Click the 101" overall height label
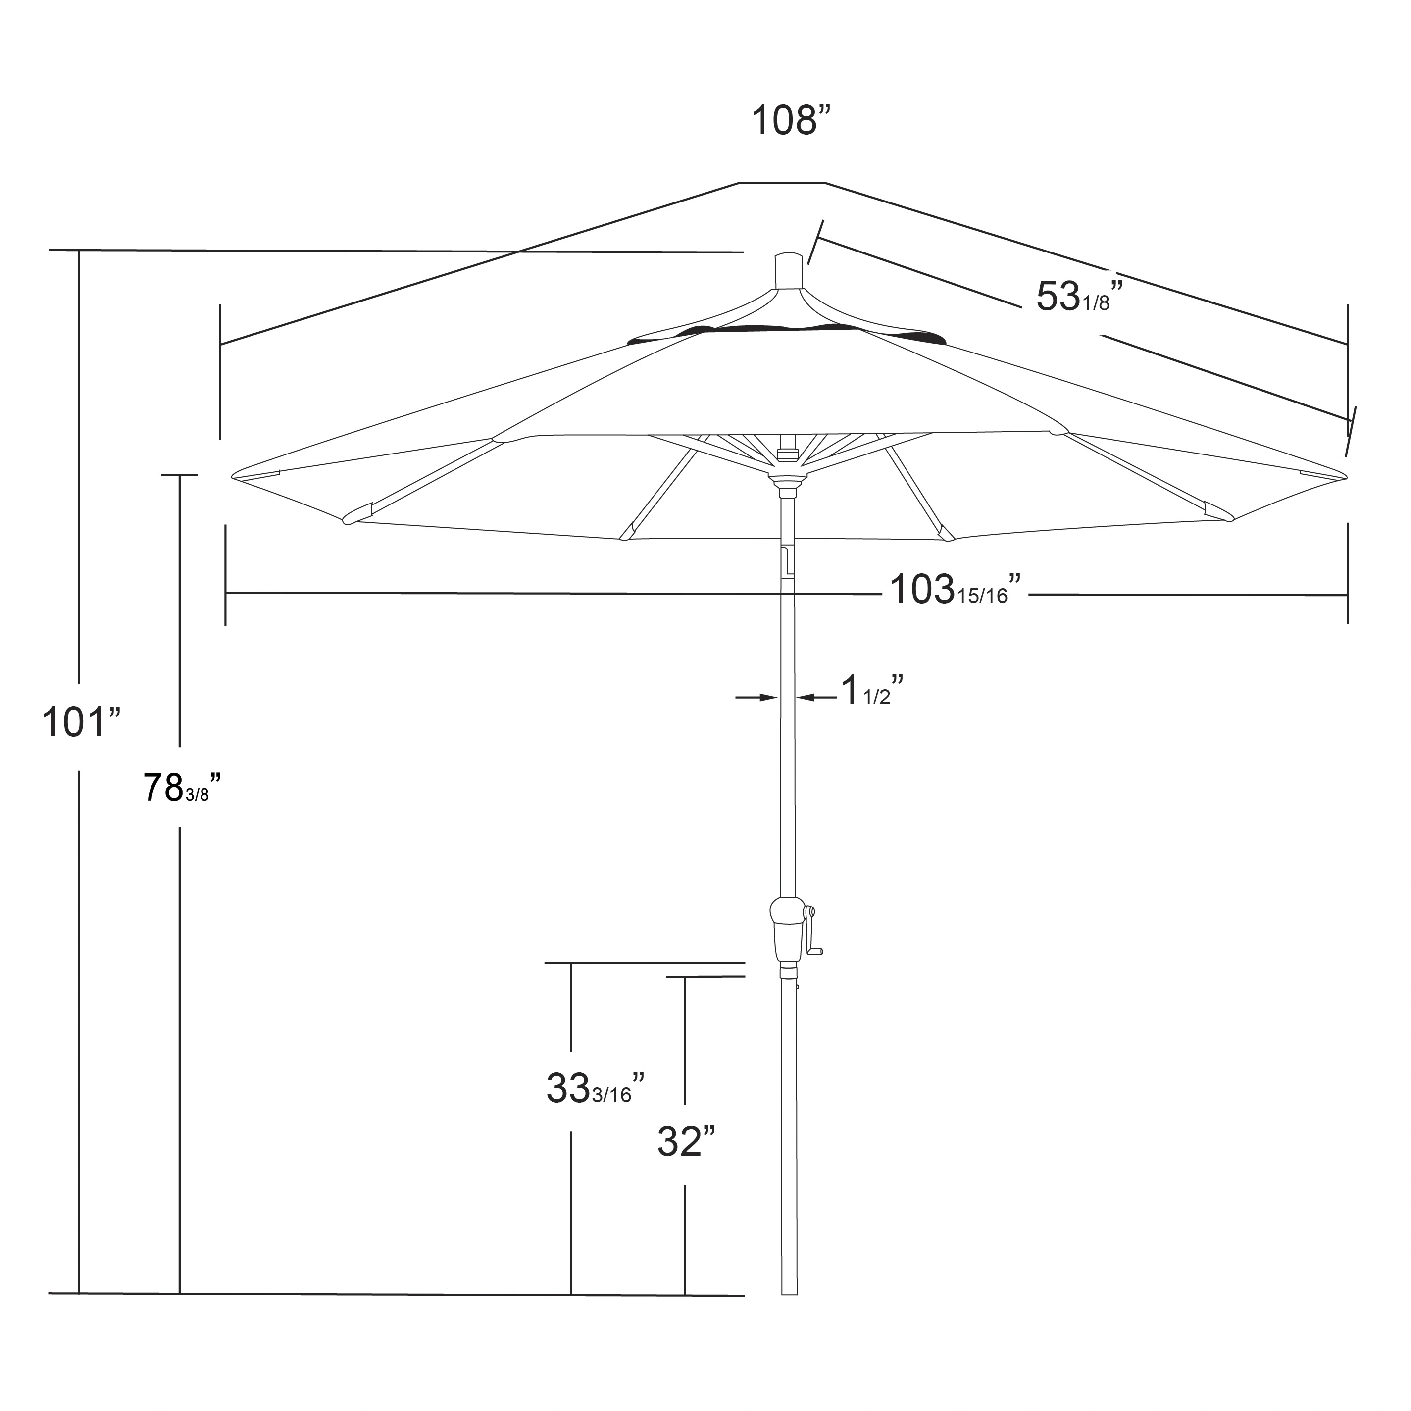(80, 722)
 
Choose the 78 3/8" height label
(180, 788)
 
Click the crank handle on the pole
(813, 931)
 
